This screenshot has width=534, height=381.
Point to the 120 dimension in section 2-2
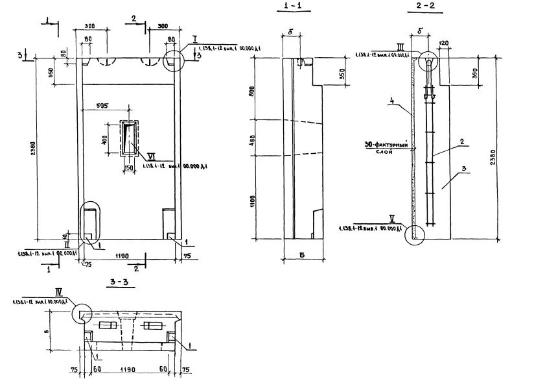pyautogui.click(x=443, y=43)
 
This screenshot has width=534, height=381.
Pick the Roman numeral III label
pyautogui.click(x=400, y=45)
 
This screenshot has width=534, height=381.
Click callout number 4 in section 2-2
pyautogui.click(x=392, y=101)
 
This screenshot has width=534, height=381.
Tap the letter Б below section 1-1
pyautogui.click(x=303, y=254)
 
